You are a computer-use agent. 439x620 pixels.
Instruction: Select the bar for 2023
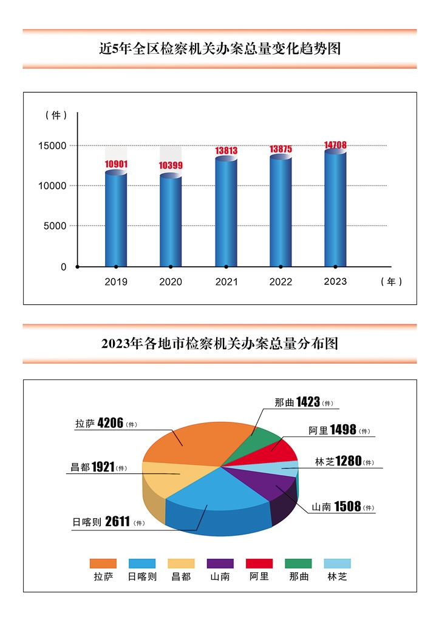point(335,209)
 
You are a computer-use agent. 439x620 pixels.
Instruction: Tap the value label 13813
point(226,150)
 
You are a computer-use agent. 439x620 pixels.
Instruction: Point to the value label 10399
point(171,165)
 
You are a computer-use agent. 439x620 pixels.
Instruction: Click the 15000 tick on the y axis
point(54,145)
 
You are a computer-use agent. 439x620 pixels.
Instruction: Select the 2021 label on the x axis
point(226,282)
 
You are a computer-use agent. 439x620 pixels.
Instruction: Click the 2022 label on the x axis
point(281,282)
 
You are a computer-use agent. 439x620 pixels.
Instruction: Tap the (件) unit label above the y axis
point(56,115)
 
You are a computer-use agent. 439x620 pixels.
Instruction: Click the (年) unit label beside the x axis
point(392,282)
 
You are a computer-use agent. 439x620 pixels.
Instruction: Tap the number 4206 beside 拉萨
point(111,423)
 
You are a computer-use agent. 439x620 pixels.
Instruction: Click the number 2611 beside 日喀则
point(118,521)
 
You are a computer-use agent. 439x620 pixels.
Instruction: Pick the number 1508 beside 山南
point(347,506)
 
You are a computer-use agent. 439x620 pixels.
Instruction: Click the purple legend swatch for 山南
point(220,563)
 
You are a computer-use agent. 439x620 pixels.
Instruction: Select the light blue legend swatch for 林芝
point(337,563)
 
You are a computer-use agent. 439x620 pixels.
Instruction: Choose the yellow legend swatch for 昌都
point(181,563)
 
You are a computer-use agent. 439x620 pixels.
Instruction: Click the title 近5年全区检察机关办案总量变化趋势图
point(220,48)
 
